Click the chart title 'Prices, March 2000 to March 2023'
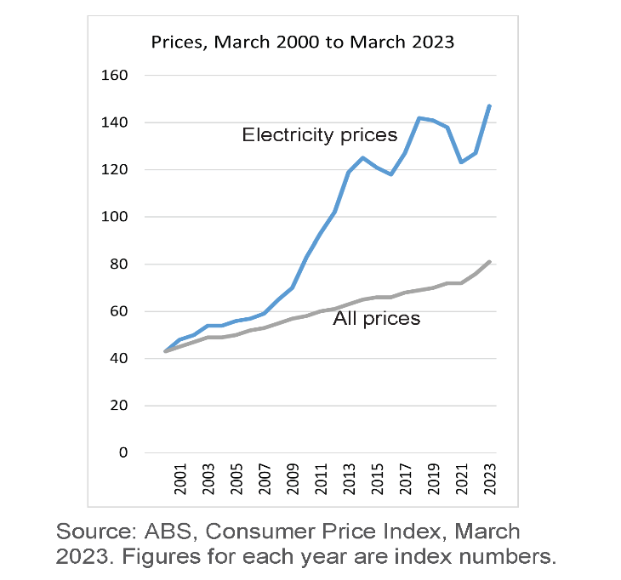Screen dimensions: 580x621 [x=303, y=42]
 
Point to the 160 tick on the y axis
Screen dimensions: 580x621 [x=115, y=76]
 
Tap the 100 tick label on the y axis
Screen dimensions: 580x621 [x=115, y=217]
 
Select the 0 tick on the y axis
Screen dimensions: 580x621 [x=122, y=452]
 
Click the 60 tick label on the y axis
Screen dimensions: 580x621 [x=118, y=311]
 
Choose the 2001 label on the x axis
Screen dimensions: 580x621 [x=180, y=480]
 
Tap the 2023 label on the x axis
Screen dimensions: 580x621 [x=489, y=480]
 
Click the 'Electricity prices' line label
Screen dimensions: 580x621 [x=319, y=134]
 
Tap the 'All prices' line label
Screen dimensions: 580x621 [x=377, y=319]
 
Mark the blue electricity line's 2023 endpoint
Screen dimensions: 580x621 [x=490, y=105]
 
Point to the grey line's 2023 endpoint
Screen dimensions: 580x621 [x=490, y=262]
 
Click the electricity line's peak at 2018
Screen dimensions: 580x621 [x=419, y=118]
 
